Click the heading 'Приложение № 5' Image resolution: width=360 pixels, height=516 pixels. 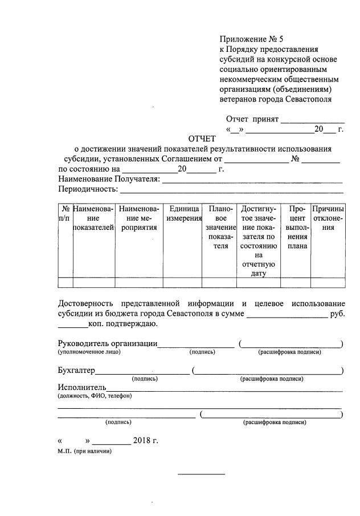coord(251,39)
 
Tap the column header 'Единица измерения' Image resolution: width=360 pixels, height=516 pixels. coord(182,214)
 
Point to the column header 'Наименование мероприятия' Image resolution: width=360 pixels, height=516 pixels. coord(138,218)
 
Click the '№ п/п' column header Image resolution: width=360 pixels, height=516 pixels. coord(66,214)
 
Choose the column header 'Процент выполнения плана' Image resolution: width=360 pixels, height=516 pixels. coord(297,227)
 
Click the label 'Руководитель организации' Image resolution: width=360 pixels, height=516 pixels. coord(108,343)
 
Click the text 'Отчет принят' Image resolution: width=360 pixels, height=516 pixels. coord(252,119)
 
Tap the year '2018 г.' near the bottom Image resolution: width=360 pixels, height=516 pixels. coord(145,441)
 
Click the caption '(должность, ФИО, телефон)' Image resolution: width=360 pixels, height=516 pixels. coord(95,396)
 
